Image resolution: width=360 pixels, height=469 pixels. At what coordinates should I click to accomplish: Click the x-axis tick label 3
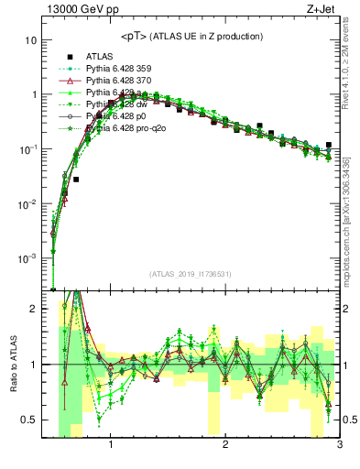[339, 446]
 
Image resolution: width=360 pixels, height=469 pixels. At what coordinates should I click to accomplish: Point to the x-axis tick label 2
[224, 446]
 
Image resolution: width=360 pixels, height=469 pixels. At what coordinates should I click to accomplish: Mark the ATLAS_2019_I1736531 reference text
[191, 274]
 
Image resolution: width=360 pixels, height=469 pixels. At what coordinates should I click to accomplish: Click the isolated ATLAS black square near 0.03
[76, 180]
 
